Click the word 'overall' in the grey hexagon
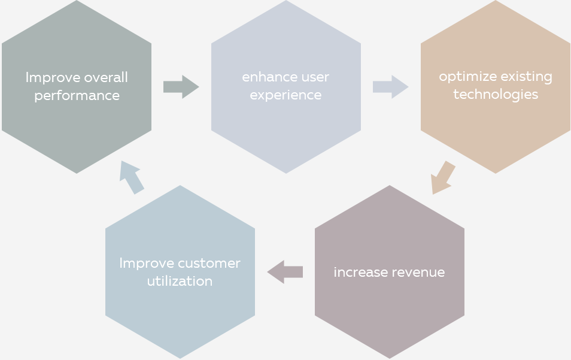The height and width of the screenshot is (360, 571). pyautogui.click(x=105, y=78)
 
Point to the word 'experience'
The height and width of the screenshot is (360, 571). pyautogui.click(x=285, y=95)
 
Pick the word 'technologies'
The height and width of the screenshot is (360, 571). pyautogui.click(x=496, y=95)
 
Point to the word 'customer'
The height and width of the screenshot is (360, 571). pyautogui.click(x=209, y=264)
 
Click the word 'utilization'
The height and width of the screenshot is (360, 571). pyautogui.click(x=180, y=282)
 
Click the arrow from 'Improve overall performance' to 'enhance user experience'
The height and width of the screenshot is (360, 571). pyautogui.click(x=181, y=87)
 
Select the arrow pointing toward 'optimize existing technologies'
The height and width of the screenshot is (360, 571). pyautogui.click(x=390, y=87)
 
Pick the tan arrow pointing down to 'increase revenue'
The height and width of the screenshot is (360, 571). pyautogui.click(x=442, y=178)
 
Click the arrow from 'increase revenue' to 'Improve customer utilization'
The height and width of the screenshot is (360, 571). pyautogui.click(x=285, y=272)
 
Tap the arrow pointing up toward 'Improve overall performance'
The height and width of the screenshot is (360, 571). pyautogui.click(x=132, y=177)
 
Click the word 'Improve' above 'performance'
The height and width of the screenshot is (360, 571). pyautogui.click(x=53, y=78)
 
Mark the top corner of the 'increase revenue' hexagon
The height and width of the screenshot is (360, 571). pyautogui.click(x=390, y=185)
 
